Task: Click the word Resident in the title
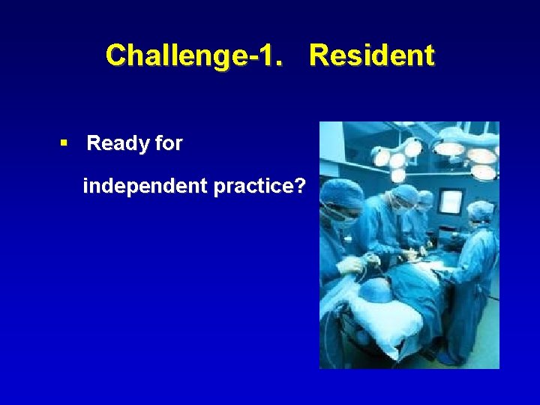371,55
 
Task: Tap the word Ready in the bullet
119,143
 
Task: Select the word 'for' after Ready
169,143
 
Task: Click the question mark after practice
300,185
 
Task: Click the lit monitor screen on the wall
451,202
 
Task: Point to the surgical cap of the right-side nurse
480,209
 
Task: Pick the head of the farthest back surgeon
426,199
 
